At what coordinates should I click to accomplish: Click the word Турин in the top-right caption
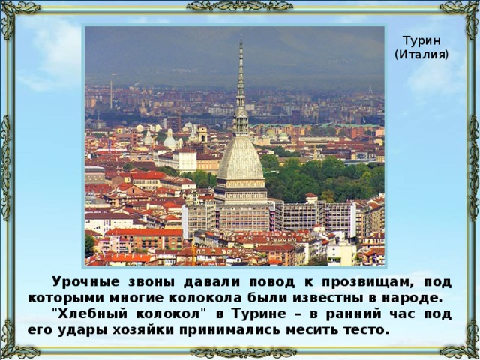tap(421, 40)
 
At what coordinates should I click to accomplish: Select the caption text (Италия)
tap(421, 55)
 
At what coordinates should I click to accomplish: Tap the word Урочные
tap(85, 282)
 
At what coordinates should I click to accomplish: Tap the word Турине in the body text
tap(259, 314)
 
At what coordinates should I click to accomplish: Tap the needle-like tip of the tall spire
tap(241, 36)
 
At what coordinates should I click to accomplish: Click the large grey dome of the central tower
tap(241, 158)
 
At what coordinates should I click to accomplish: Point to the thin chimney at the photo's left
tap(111, 94)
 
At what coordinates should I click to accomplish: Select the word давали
tap(211, 282)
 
